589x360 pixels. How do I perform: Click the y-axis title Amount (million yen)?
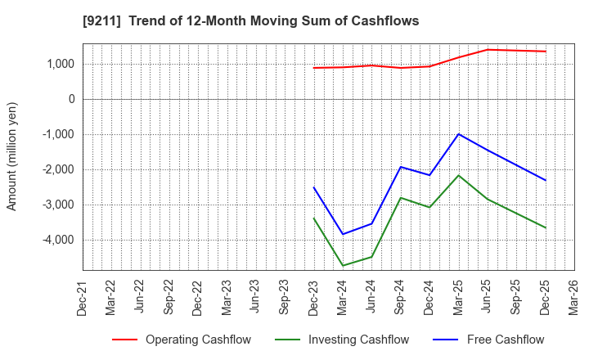click(11, 156)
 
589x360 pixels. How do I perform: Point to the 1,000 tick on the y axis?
click(60, 64)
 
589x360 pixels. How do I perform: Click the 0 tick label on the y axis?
click(71, 99)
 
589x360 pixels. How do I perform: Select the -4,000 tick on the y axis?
click(57, 240)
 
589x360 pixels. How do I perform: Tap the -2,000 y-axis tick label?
click(57, 169)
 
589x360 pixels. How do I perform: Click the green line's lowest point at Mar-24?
click(343, 266)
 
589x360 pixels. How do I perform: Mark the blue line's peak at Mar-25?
click(458, 134)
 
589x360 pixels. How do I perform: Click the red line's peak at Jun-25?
click(488, 50)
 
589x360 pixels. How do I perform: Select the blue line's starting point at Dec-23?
click(314, 187)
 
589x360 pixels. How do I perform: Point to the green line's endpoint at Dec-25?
click(546, 227)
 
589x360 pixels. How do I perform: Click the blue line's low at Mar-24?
click(343, 234)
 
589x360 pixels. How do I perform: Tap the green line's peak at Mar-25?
click(458, 175)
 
